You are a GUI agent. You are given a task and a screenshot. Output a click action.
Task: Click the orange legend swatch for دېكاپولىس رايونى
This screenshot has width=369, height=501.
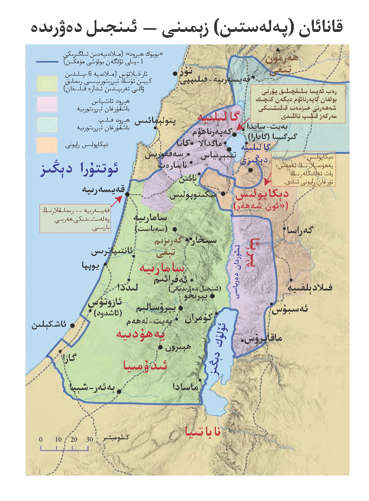47,144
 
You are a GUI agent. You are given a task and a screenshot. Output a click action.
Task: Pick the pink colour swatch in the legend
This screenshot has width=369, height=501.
47,103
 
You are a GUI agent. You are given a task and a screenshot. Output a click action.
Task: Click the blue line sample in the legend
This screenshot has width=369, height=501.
47,63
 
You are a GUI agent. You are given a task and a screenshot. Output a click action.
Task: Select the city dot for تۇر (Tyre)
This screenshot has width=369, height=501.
174,72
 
